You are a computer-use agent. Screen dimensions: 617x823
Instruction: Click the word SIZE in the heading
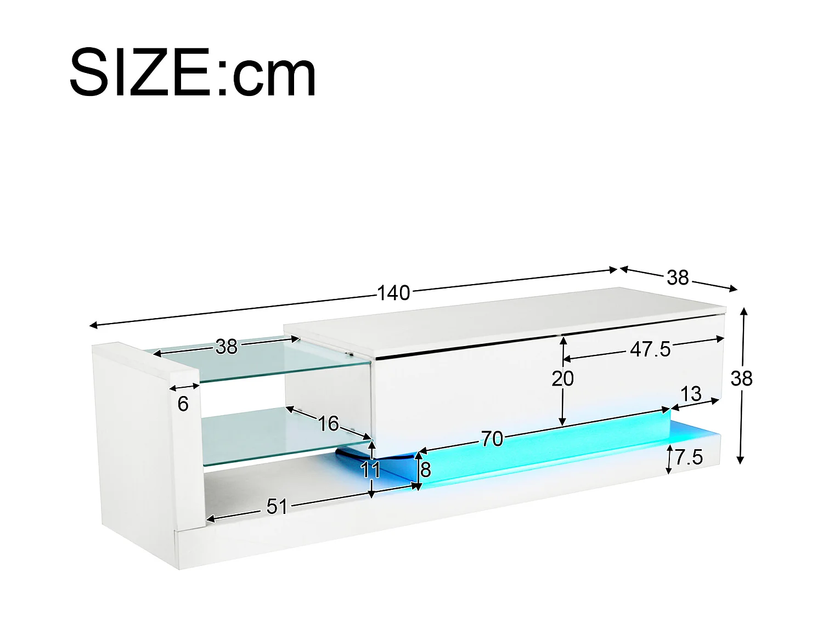140,72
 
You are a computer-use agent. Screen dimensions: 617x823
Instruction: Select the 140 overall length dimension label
393,293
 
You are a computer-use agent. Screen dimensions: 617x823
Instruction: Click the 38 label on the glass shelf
226,347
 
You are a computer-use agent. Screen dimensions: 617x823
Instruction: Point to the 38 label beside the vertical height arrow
741,378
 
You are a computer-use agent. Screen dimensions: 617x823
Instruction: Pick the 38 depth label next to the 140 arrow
678,278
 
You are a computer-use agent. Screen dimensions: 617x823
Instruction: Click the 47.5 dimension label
650,349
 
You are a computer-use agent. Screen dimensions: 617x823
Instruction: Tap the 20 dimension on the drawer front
563,378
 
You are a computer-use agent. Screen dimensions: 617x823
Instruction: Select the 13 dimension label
691,394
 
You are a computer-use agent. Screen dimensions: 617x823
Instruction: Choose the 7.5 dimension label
689,457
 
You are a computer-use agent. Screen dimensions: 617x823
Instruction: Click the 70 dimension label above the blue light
492,439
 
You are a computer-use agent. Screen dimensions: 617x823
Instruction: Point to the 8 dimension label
426,470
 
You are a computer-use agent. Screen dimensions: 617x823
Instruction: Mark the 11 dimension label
371,469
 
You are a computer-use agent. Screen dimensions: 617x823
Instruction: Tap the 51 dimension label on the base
277,507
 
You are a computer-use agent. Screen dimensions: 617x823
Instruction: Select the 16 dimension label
328,423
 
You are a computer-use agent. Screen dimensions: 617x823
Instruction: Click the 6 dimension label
183,404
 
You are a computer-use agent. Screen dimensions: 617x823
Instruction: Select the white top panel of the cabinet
505,321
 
